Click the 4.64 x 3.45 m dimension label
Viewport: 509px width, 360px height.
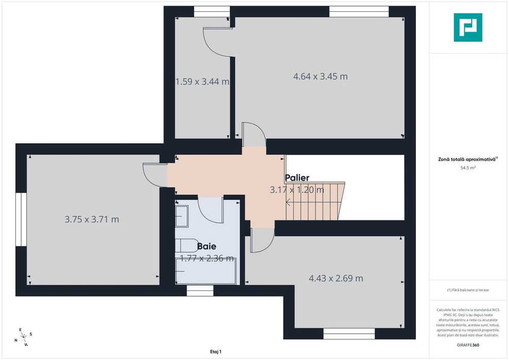(x=320, y=77)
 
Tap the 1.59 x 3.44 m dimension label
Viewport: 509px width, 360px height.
(x=202, y=81)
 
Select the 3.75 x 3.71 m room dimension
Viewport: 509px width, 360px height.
(x=92, y=219)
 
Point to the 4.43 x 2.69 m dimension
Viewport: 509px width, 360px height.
(x=335, y=279)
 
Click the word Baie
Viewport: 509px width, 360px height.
(x=206, y=246)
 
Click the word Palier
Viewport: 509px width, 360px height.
(x=297, y=178)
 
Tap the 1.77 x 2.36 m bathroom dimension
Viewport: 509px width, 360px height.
(x=207, y=259)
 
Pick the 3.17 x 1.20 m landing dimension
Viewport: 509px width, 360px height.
(x=297, y=190)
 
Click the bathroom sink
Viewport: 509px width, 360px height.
(x=182, y=215)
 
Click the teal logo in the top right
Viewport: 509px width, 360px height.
(x=468, y=28)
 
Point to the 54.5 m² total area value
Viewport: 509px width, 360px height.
(x=468, y=168)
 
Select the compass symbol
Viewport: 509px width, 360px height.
(x=23, y=337)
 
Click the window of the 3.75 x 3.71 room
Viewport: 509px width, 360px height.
(x=21, y=219)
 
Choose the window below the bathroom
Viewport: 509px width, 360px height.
(x=200, y=291)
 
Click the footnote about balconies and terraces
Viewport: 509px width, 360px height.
(x=468, y=290)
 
